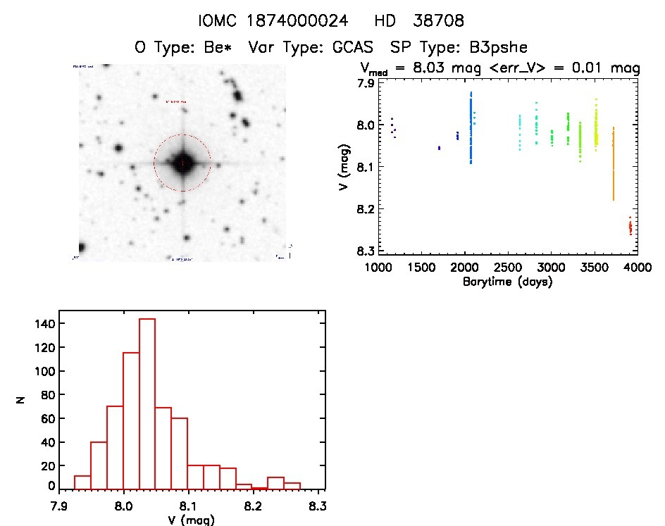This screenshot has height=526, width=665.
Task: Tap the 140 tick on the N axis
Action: (x=44, y=323)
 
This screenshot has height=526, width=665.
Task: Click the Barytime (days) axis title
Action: (x=507, y=282)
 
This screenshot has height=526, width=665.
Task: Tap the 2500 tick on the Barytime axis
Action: (x=508, y=268)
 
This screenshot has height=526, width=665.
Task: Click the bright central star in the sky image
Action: (x=182, y=163)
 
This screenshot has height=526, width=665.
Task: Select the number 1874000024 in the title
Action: (x=300, y=22)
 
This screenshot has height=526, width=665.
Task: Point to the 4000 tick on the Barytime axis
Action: (x=637, y=268)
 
